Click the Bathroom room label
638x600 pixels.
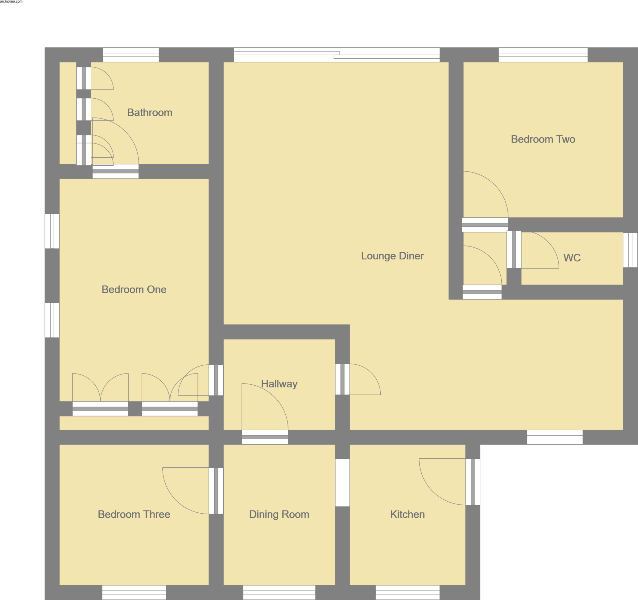pos(150,112)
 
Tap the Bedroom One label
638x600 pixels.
pos(134,289)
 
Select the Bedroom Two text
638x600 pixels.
pos(543,139)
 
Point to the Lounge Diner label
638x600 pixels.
pos(392,256)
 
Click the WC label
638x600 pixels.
pos(572,258)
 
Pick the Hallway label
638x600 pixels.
pos(279,384)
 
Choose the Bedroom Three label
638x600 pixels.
pos(134,514)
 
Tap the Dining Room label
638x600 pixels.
pos(279,514)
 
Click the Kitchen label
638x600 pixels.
pos(407,514)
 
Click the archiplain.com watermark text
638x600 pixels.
pos(11,2)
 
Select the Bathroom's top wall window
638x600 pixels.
pos(131,55)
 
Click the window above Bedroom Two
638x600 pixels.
pos(543,55)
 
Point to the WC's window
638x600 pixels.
pos(630,250)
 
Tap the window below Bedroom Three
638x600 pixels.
pos(134,592)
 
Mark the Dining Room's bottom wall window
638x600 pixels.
pos(279,592)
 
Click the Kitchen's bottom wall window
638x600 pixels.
pos(407,592)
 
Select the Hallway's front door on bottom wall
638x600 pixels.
pos(265,437)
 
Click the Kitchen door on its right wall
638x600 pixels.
pos(472,482)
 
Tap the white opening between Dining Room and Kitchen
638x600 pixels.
pos(342,483)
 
